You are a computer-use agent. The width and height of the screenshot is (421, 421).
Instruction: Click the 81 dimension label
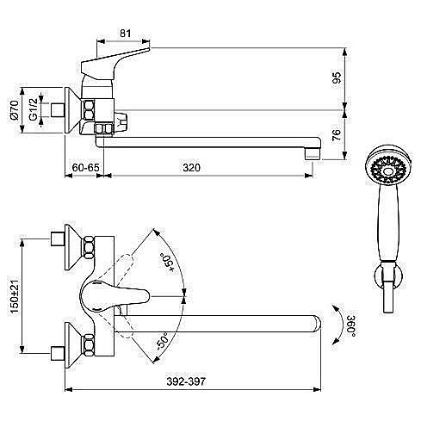(126, 34)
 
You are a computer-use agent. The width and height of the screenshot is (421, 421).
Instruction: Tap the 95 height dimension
(337, 77)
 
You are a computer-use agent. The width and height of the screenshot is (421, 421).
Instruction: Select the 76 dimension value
(337, 135)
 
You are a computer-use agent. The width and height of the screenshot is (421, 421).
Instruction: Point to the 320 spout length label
(191, 167)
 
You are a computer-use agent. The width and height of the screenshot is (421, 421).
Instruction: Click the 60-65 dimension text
(85, 167)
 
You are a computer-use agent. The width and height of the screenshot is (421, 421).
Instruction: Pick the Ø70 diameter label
(14, 110)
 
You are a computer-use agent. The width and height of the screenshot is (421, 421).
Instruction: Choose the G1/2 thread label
(33, 109)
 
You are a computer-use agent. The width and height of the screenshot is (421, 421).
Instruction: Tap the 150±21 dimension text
(14, 296)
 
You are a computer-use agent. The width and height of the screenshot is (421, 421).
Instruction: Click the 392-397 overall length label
(186, 381)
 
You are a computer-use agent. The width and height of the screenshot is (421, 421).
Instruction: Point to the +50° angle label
(167, 263)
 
